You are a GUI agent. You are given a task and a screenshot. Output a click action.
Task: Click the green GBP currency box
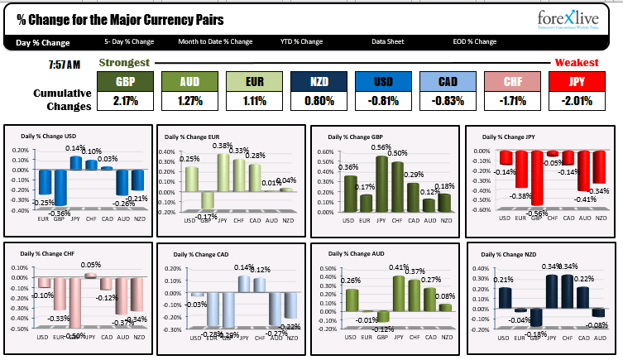pos(125,81)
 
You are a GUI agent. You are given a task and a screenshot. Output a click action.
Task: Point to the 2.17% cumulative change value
pos(125,101)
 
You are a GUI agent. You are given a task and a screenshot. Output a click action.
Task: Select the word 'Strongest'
pos(124,63)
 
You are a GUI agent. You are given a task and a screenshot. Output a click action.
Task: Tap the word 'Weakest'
pos(576,63)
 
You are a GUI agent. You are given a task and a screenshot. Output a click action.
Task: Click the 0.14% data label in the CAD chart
pos(242,267)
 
